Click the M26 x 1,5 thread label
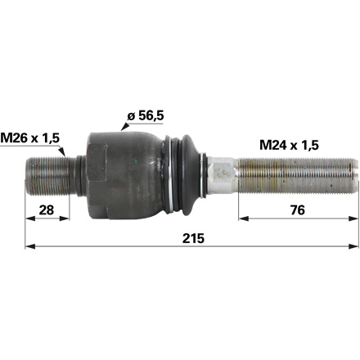pos(31,139)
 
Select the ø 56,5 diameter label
pos(145,115)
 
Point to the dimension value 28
pos(48,211)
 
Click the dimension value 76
pos(299,211)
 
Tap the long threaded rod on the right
pos(295,173)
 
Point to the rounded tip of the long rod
pos(354,173)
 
